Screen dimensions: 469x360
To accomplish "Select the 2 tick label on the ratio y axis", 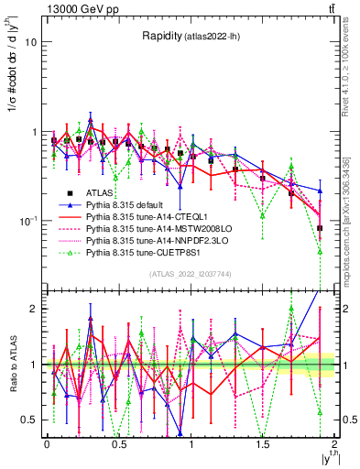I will coord(35,309).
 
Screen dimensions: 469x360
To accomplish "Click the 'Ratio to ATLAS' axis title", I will coord(11,365).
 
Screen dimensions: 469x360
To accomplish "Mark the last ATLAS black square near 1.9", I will coord(320,228).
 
